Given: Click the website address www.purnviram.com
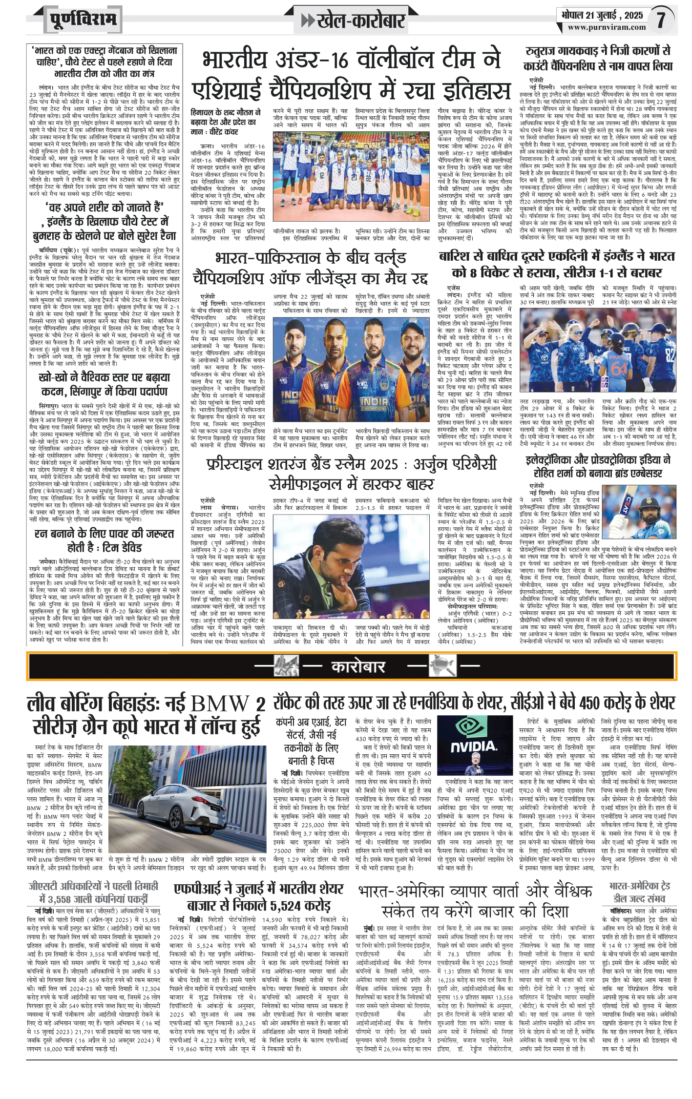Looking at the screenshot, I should click(x=607, y=27).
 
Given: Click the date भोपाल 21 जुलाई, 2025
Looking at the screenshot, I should click(x=601, y=15).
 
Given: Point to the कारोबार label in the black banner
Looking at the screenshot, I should click(x=358, y=666).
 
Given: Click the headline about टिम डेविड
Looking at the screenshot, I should click(x=104, y=540).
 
